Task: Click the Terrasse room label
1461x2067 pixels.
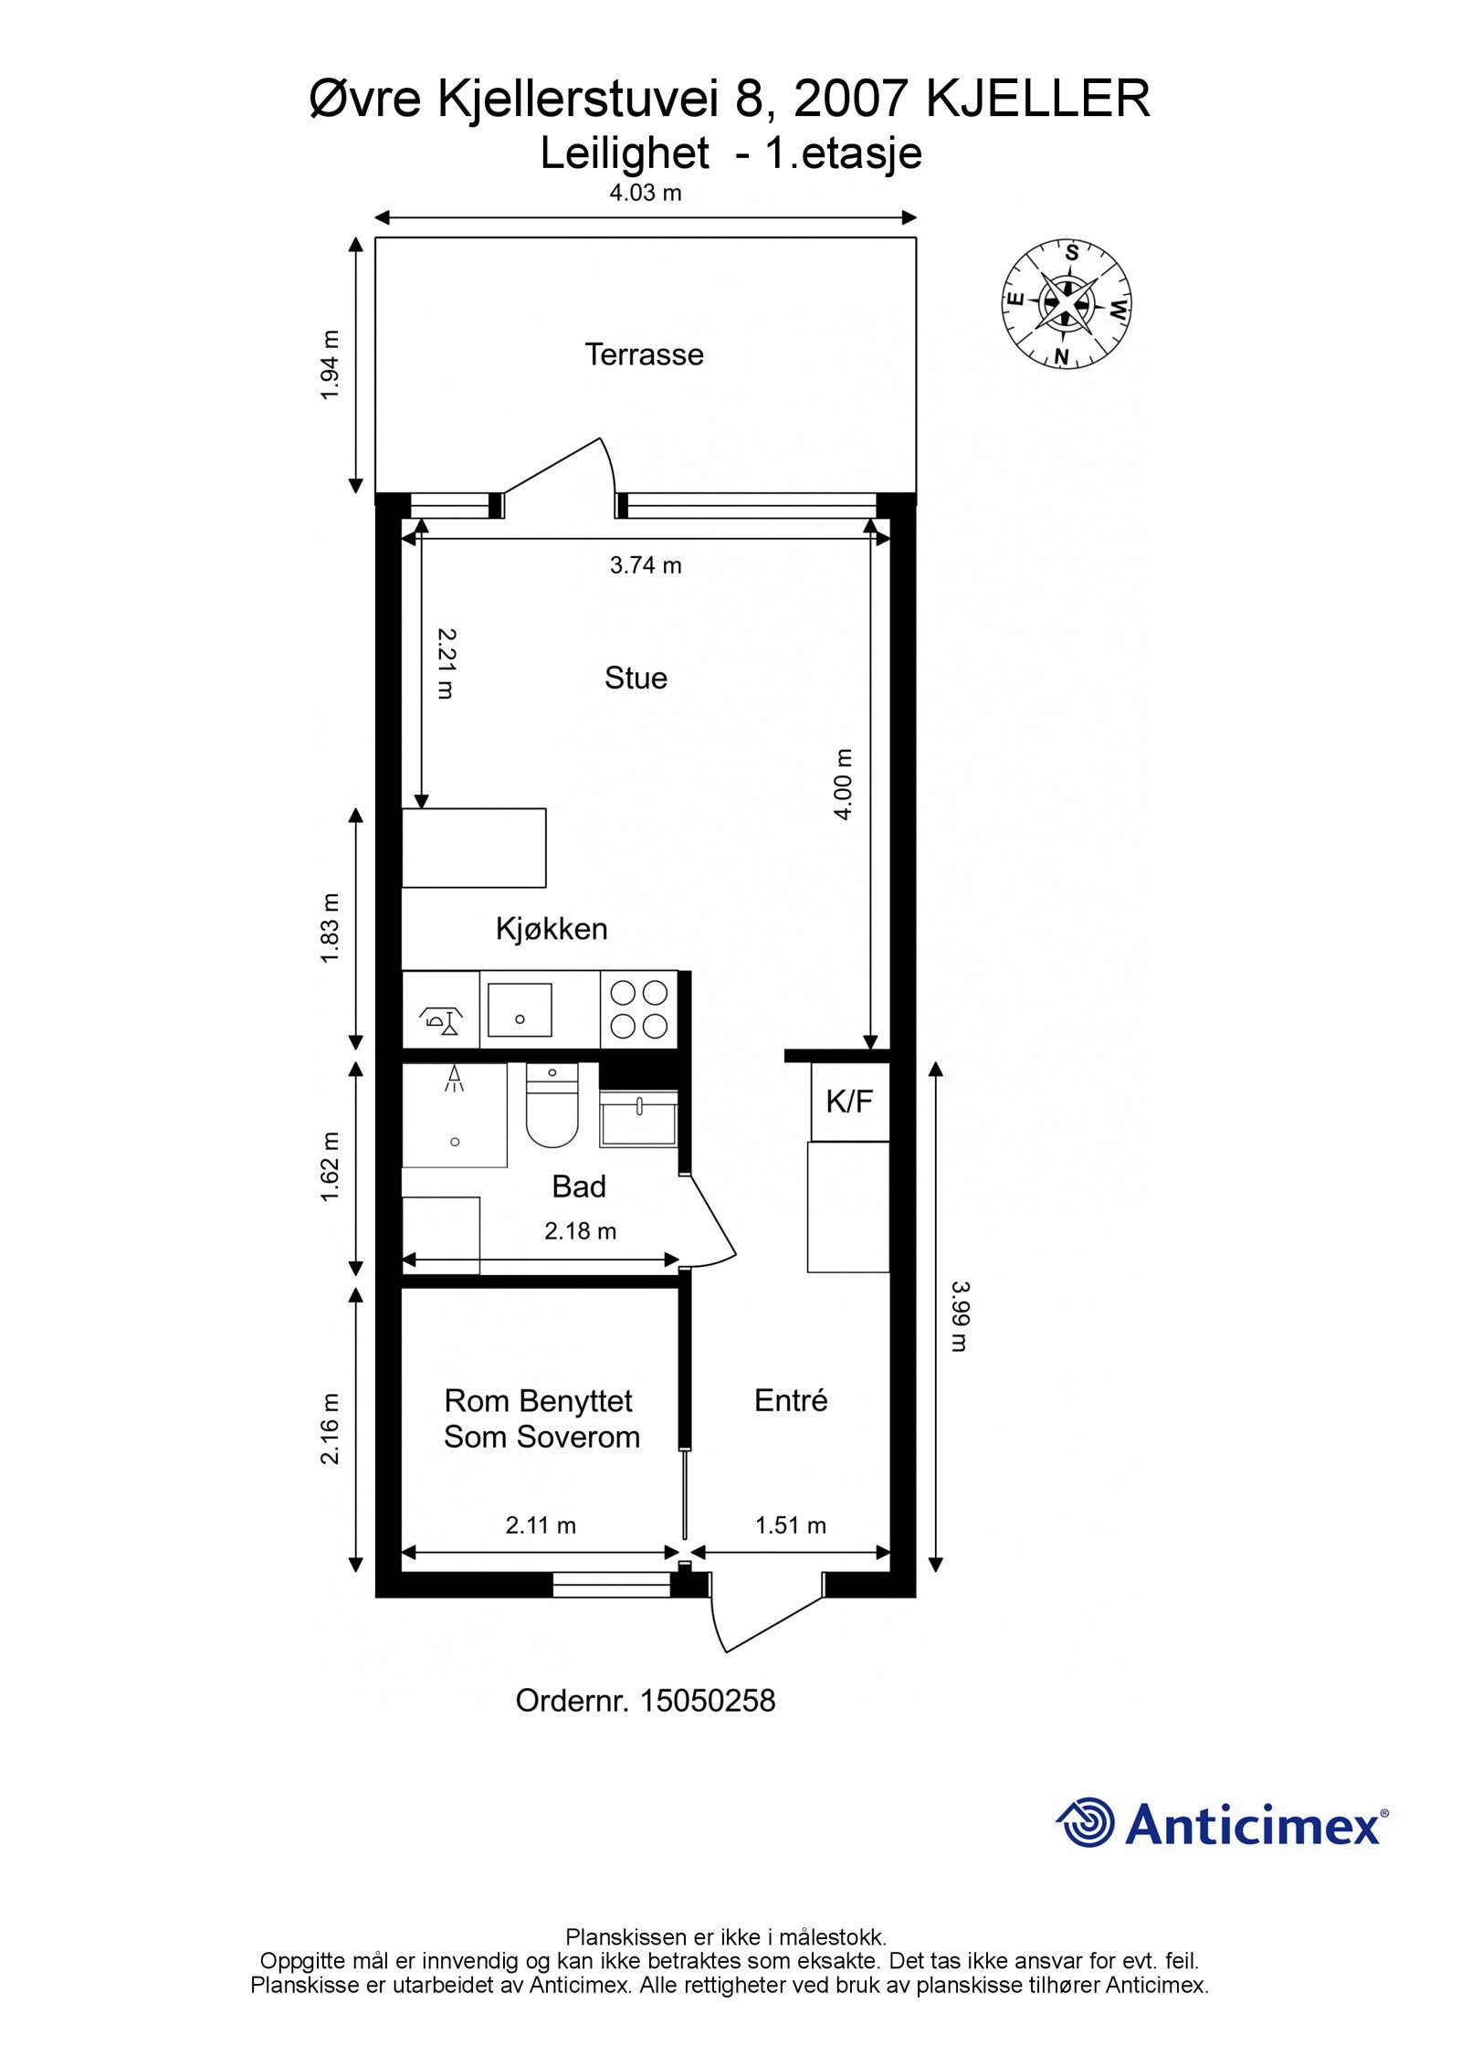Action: (644, 354)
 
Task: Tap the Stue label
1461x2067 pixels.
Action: (636, 678)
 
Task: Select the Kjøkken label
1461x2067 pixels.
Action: (552, 929)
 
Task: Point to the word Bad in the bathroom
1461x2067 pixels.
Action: (579, 1186)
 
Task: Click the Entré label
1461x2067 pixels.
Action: (791, 1400)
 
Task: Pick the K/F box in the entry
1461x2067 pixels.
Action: (850, 1102)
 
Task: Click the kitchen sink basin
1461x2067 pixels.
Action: (520, 1009)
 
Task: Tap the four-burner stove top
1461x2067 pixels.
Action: (639, 1008)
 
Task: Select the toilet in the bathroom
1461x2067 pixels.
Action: (552, 1105)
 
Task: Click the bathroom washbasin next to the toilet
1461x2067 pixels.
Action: (638, 1120)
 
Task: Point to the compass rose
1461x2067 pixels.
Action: (1066, 304)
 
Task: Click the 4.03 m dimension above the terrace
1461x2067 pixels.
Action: (646, 193)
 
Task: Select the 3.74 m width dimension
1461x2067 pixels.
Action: (646, 565)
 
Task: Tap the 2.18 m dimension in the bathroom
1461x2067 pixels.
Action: (581, 1231)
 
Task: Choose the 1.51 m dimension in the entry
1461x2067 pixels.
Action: (791, 1525)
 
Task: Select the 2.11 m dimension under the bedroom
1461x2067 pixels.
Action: (541, 1525)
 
